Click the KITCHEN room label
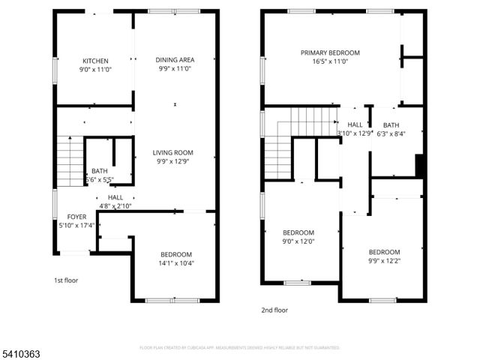pos(95,61)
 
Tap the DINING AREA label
pos(175,60)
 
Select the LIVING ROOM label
pos(174,152)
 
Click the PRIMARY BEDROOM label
pos(330,52)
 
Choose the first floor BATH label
pos(99,171)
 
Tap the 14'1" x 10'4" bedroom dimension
pos(176,263)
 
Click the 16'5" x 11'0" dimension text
pos(330,61)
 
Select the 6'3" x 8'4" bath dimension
pos(391,133)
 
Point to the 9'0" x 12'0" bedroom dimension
pos(298,241)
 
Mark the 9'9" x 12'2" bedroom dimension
pos(383,261)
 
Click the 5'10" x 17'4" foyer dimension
pos(77,225)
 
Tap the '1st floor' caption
pos(65,280)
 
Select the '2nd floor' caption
pos(274,310)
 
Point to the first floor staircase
pos(70,161)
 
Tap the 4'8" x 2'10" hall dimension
pos(115,205)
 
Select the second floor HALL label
pos(355,125)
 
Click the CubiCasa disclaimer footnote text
pos(240,347)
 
